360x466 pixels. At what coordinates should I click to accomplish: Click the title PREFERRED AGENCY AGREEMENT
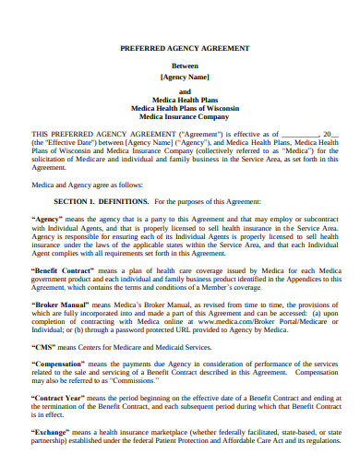coord(180,47)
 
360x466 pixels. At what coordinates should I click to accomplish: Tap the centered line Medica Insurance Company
coord(180,117)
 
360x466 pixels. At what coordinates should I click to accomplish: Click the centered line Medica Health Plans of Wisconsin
coord(180,107)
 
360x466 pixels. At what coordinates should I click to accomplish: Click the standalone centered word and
coord(180,90)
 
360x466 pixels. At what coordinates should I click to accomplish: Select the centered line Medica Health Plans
coord(180,99)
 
